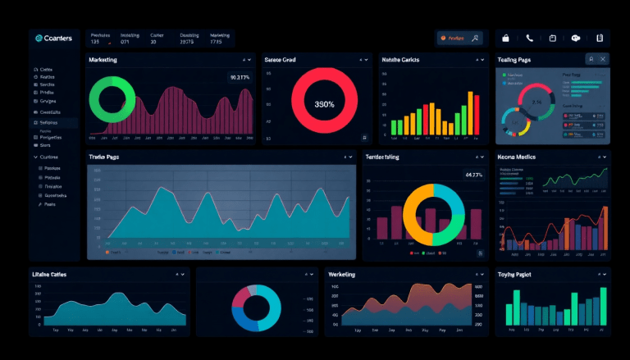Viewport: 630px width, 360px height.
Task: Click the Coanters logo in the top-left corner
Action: (x=54, y=38)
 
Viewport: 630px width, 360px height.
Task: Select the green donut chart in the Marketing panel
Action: (x=112, y=101)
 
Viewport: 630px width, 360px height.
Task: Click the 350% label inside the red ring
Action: (x=325, y=105)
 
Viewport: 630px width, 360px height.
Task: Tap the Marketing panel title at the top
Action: (x=103, y=60)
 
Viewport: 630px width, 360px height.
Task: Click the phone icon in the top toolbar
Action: (x=530, y=38)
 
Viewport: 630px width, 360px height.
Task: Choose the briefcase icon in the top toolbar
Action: (x=506, y=38)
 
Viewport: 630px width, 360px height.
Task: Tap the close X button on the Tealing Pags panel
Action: (x=604, y=60)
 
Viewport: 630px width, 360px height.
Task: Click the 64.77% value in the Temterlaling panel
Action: (x=474, y=175)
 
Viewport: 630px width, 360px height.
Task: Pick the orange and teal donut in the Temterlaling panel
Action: (x=433, y=215)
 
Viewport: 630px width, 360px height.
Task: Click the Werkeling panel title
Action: (x=342, y=274)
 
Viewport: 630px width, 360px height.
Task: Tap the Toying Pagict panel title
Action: (x=514, y=274)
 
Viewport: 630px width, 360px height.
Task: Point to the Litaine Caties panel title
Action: (x=49, y=274)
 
